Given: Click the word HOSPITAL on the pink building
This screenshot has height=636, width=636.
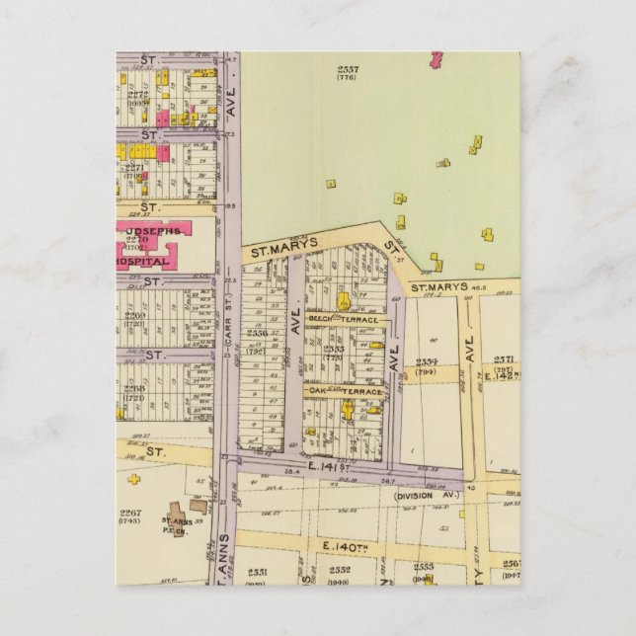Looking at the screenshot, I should point(141,262).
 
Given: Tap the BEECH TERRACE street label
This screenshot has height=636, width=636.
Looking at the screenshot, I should point(335,319).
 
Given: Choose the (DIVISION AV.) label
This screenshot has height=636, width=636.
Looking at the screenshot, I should point(428,496).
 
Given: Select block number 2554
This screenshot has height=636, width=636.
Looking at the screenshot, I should point(427,363).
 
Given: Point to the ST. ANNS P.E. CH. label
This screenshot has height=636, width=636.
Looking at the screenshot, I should point(178,523).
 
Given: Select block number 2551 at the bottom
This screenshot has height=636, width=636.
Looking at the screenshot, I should point(258,571).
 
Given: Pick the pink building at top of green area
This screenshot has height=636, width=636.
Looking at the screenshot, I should point(436,59).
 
